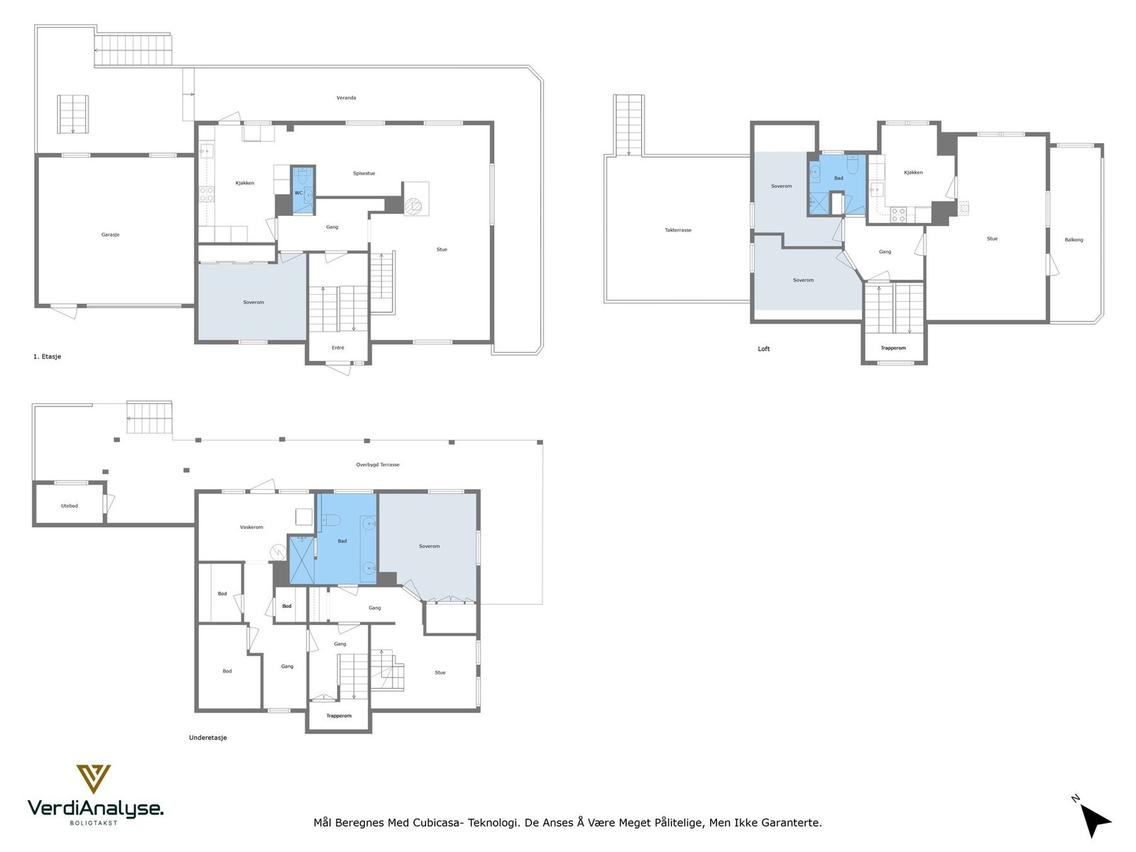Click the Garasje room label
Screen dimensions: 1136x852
[110, 235]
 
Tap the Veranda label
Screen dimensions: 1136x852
[346, 98]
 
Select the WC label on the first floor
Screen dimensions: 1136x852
[299, 193]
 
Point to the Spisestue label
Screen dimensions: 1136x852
[364, 173]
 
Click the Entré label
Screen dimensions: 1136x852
[338, 348]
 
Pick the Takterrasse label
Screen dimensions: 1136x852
[678, 230]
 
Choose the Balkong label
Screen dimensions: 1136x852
[1074, 240]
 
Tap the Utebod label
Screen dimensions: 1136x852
[70, 506]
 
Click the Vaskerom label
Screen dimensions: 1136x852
[251, 527]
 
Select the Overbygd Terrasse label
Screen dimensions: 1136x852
[378, 464]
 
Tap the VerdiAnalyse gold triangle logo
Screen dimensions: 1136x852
[94, 779]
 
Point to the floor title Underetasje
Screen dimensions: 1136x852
[207, 738]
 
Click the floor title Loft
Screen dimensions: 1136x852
[764, 349]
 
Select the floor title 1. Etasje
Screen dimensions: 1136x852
[47, 356]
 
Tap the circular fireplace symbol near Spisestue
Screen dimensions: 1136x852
[413, 207]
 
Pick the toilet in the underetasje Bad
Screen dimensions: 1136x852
[331, 520]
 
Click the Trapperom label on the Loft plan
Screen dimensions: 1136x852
[893, 348]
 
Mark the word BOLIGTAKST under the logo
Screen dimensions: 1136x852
[94, 823]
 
